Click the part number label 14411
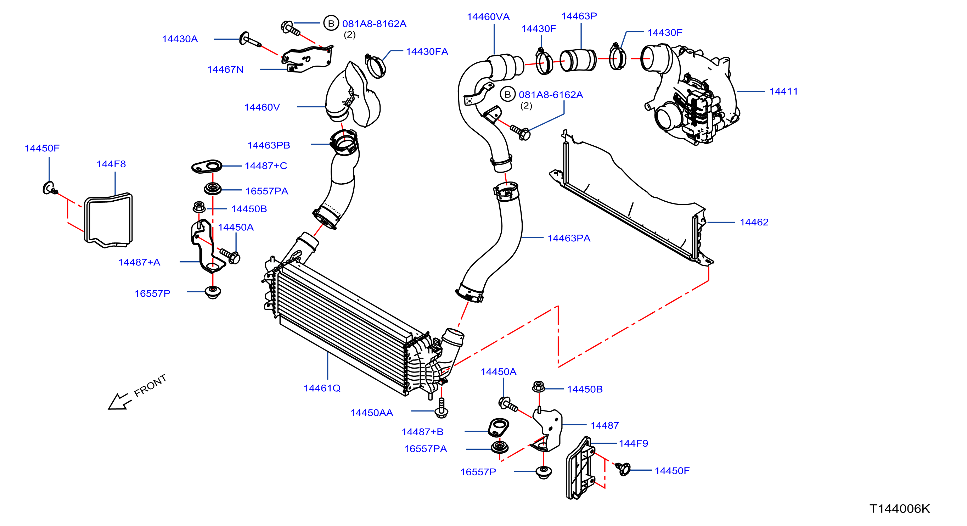pos(783,91)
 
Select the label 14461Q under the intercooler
pos(322,388)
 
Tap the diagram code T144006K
pos(899,509)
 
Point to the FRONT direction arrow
pos(119,402)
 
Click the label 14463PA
pos(569,238)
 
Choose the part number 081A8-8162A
pos(374,24)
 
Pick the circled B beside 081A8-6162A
pos(507,95)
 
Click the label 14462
pos(754,222)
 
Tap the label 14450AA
pos(372,413)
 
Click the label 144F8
pos(111,164)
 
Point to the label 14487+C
pos(266,166)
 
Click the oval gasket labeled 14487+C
pos(207,166)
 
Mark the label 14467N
pos(225,69)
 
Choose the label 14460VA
pos(488,17)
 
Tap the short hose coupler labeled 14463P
pos(578,60)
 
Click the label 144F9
pos(633,443)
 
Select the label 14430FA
pos(427,51)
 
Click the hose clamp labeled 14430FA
pos(375,66)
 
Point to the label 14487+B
pos(422,432)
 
